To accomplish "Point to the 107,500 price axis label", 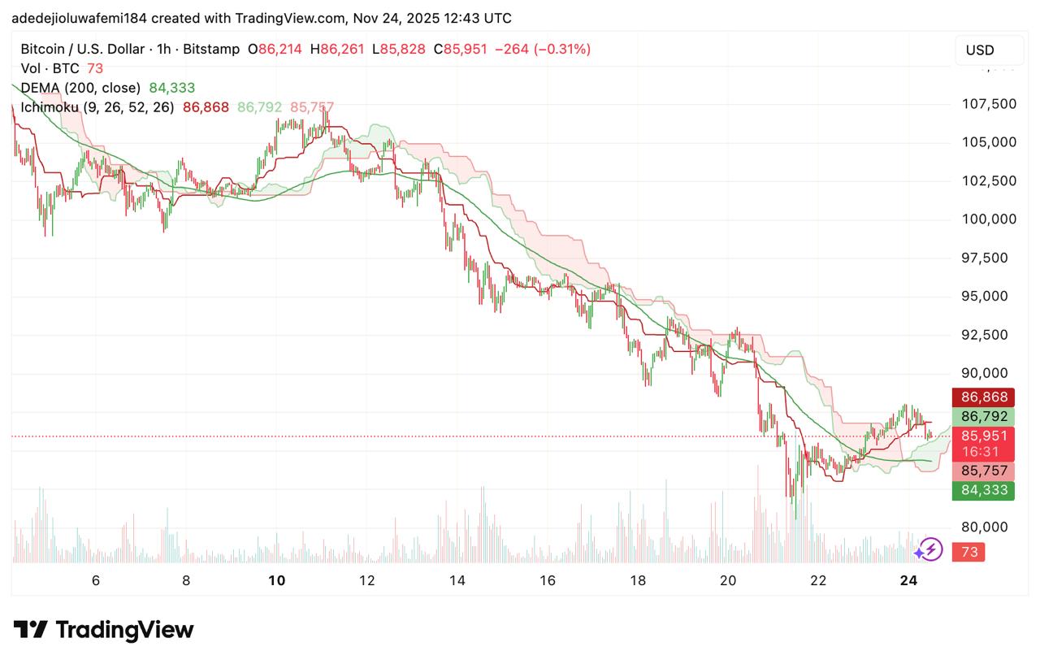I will coord(988,104).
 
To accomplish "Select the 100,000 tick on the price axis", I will coord(988,219).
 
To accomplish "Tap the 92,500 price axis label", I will coord(988,335).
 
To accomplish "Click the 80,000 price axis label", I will coord(988,527).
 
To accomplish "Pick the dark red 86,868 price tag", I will coord(984,397).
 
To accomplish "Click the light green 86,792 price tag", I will coord(984,416).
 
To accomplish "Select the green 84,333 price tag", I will coord(984,490).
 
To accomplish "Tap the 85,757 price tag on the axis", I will coord(984,471).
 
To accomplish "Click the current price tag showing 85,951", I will coord(984,436).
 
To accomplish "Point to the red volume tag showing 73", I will coord(969,553).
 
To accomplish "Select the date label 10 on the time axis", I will coord(277,580).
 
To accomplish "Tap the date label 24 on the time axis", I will coord(909,580).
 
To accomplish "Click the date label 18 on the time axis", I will coord(638,580).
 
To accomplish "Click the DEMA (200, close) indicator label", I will coord(80,88).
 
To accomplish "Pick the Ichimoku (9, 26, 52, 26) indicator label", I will coord(97,106).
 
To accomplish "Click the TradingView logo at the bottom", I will coord(104,630).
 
